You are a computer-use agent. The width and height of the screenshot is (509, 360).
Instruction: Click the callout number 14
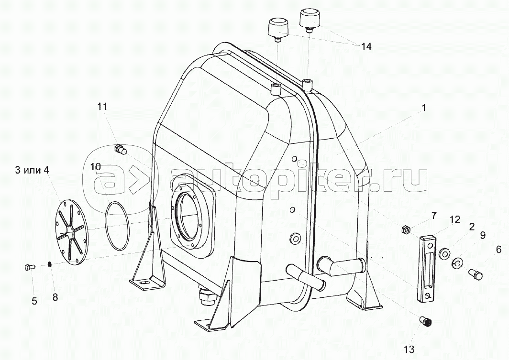(x=366, y=47)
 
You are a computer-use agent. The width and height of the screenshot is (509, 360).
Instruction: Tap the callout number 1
(x=424, y=108)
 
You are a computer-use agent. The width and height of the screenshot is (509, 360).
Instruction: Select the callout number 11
(x=102, y=107)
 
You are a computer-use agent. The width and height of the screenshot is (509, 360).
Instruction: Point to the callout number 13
(x=409, y=349)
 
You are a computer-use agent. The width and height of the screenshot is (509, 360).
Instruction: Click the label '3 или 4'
(x=32, y=170)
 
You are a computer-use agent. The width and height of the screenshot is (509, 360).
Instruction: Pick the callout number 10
(x=96, y=167)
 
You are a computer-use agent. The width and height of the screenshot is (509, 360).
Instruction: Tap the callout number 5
(x=34, y=301)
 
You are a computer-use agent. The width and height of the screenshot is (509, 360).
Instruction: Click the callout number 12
(x=455, y=220)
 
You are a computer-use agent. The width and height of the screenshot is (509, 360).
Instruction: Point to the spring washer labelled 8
(x=50, y=265)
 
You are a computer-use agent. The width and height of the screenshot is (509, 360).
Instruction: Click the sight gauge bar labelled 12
(x=428, y=270)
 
